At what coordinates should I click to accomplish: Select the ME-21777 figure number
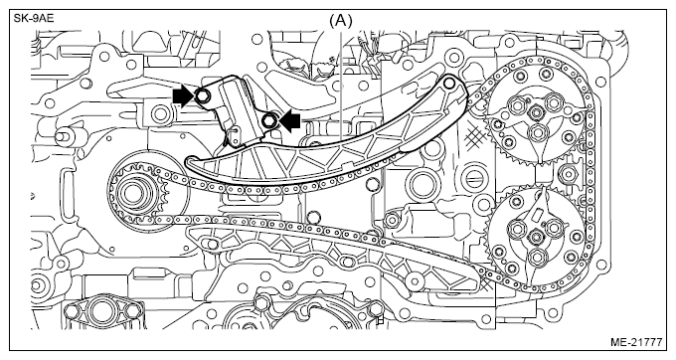(x=636, y=342)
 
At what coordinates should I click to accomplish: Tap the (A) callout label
(x=341, y=20)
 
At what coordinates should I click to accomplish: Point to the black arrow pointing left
(x=289, y=120)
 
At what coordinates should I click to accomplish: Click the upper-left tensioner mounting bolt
(x=202, y=96)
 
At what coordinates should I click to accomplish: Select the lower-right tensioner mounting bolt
(x=268, y=119)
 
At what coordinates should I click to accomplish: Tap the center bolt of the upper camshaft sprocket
(x=536, y=113)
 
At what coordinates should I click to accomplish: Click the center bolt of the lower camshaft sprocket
(x=536, y=237)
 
